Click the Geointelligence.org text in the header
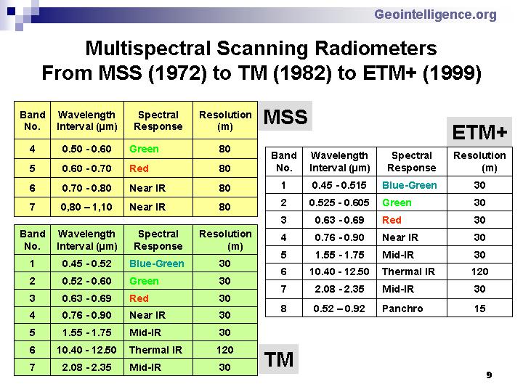tap(435, 15)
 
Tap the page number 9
tap(489, 375)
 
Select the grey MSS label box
tap(285, 116)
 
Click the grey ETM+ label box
tap(479, 131)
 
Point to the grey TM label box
tap(278, 359)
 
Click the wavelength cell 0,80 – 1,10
tap(86, 207)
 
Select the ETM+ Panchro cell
tap(412, 308)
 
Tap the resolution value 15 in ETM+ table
tap(479, 308)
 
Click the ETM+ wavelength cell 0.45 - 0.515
tap(339, 185)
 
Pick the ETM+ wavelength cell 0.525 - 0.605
tap(339, 203)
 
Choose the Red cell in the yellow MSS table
tap(158, 168)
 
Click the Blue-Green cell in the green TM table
tap(158, 264)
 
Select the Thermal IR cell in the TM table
tap(158, 350)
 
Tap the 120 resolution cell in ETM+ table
tap(479, 271)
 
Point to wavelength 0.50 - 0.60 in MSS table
tap(86, 149)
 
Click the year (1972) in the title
tap(177, 73)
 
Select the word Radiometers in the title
tap(376, 49)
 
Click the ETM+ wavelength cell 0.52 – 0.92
tap(339, 308)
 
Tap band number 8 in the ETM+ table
tap(283, 308)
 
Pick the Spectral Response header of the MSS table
tap(158, 121)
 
